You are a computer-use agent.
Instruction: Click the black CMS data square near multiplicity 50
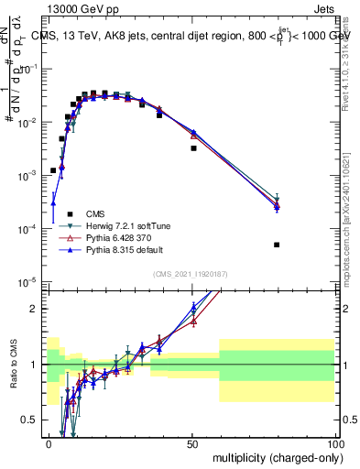193,147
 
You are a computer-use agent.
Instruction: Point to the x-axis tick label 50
193,443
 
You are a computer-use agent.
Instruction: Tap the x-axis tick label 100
336,443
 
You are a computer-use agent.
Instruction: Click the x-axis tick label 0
49,443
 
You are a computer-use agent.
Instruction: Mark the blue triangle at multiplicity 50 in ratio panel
193,308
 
